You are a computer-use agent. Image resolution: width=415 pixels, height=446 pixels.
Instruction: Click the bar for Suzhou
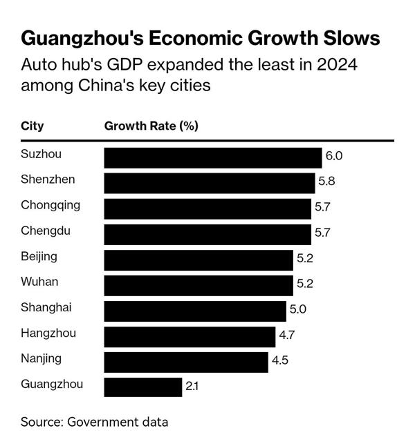pos(213,157)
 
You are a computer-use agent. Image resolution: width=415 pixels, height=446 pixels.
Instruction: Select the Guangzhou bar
pos(143,387)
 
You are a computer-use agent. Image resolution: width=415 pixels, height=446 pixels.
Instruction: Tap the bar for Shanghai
pos(195,311)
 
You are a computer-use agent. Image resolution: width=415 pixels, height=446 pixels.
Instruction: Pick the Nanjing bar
pos(186,362)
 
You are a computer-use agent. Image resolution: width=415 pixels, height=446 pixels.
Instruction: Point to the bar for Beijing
pos(199,260)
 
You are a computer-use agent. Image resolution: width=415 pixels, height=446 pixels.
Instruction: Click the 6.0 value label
pos(334,156)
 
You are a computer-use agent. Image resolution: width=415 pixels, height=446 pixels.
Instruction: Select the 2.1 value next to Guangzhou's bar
pos(192,387)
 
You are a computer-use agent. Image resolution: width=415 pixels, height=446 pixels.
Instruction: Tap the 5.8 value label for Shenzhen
pos(326,182)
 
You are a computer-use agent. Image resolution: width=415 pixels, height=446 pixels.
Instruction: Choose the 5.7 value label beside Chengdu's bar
pos(322,233)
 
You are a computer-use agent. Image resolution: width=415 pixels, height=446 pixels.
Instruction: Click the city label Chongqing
pos(50,205)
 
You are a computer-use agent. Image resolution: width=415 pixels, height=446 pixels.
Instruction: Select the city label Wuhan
pos(39,282)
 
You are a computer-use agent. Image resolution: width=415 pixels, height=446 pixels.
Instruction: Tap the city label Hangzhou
pos(48,333)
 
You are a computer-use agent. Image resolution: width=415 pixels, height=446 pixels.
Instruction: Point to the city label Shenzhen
pos(48,180)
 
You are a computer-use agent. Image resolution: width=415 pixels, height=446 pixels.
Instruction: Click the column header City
pos(32,126)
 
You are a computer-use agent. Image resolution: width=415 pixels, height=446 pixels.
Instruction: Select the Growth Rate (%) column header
pos(151,126)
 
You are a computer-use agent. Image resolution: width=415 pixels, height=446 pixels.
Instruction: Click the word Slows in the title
pos(346,37)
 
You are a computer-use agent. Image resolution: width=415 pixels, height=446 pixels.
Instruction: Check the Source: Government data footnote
pos(94,421)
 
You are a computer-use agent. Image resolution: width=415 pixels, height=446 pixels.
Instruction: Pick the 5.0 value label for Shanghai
pos(297,309)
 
